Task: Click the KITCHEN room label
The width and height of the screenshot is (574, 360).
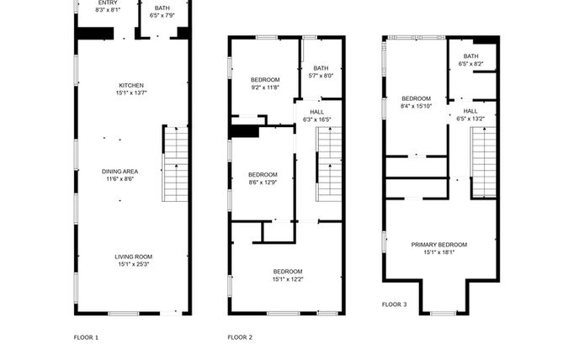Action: click(x=131, y=85)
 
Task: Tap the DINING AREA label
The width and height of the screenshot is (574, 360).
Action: click(x=120, y=172)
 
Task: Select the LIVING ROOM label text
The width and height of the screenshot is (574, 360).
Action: click(x=133, y=257)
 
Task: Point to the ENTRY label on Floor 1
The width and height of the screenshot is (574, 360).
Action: click(x=108, y=3)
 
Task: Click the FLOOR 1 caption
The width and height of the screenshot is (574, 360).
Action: click(x=86, y=337)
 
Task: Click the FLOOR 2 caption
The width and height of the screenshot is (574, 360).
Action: click(x=240, y=337)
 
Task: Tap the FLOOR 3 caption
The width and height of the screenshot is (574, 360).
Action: click(x=394, y=304)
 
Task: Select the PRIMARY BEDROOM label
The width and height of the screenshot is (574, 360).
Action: click(x=439, y=245)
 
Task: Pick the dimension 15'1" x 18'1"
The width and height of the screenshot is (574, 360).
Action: click(x=439, y=252)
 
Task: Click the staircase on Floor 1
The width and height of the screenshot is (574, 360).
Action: click(x=175, y=163)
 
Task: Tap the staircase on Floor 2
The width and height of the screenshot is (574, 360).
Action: click(x=329, y=164)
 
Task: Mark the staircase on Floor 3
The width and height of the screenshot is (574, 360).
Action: click(x=483, y=162)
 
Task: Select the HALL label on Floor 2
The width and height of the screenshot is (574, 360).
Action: click(x=316, y=112)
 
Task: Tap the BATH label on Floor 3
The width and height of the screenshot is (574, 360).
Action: click(x=470, y=56)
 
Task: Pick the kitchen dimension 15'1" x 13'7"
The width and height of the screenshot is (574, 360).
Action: click(x=131, y=93)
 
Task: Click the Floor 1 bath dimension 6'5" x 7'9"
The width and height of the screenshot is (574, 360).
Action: click(x=162, y=15)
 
